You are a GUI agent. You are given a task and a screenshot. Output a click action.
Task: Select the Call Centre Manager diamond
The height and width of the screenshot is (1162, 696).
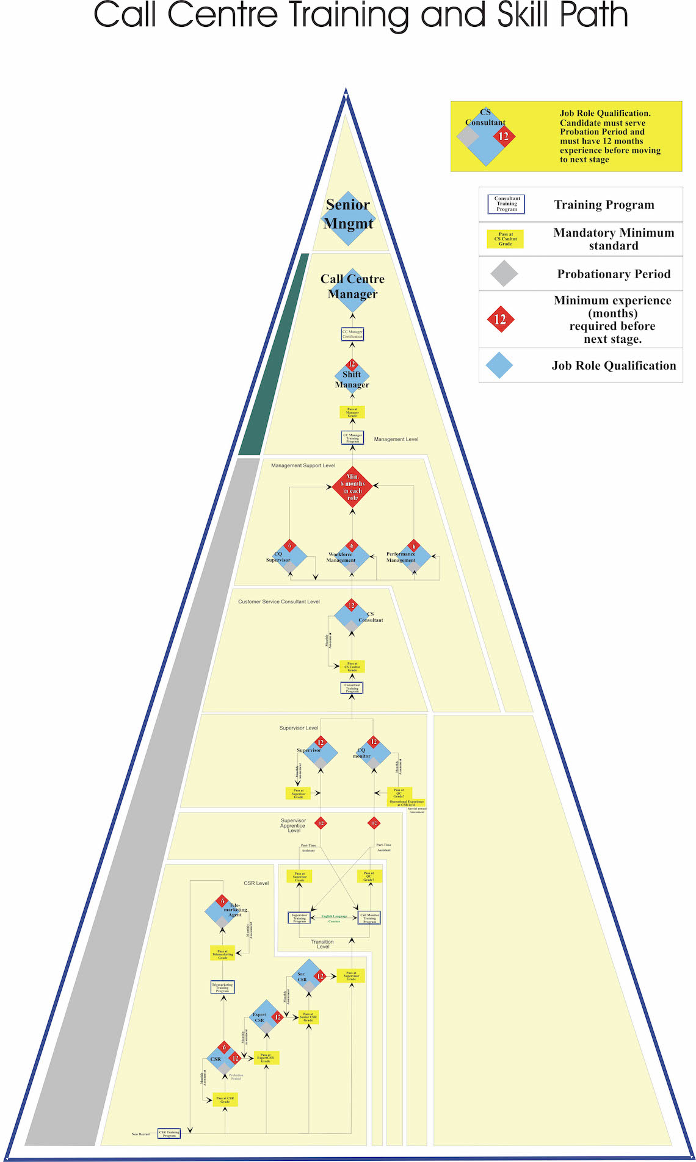pos(352,289)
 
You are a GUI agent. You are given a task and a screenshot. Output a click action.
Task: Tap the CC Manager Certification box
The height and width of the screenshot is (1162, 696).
pos(352,334)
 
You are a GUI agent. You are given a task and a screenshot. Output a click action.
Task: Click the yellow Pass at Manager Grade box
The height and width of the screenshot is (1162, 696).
pos(352,412)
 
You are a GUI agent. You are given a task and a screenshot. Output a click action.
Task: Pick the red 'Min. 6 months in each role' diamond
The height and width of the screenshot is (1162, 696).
pos(352,487)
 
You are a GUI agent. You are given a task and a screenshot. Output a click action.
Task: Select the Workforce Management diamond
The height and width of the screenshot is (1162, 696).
pos(352,557)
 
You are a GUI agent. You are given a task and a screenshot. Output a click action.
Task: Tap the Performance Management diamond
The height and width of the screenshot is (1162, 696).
pos(413,557)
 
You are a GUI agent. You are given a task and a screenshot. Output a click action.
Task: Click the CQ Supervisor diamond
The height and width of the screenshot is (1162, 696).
pos(289,557)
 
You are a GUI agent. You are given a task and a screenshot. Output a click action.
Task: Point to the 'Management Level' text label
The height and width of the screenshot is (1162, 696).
pos(396,439)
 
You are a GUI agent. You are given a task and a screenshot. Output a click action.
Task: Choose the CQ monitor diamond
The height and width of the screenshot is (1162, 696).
pos(373,753)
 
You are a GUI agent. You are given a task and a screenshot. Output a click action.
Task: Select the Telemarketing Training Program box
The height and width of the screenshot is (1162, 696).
pos(222,987)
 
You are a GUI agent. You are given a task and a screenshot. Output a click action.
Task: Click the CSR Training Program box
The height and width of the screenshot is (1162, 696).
pos(169,1133)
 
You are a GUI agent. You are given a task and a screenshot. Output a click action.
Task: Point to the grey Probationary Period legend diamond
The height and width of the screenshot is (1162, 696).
pos(504,274)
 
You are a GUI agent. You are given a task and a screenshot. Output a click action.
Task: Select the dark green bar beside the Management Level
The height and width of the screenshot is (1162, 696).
pos(274,354)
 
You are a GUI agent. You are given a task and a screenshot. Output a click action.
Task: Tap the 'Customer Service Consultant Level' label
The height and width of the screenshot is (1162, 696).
pos(279,601)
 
